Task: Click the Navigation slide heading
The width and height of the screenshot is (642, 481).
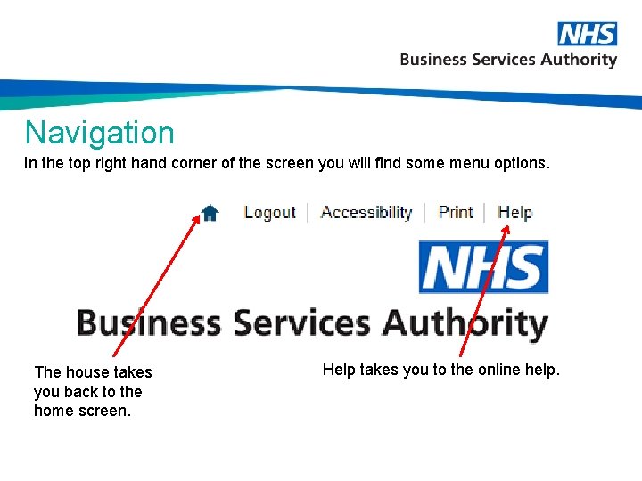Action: (x=100, y=133)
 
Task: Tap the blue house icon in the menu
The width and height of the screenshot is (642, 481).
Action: (x=210, y=212)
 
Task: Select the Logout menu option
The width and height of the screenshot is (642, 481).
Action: (x=269, y=212)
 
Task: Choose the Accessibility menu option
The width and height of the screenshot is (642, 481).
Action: (x=366, y=212)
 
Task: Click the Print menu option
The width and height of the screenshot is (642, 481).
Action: (x=456, y=212)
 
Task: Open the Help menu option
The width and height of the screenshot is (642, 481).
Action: (x=515, y=212)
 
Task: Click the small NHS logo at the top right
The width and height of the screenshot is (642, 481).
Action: (x=587, y=34)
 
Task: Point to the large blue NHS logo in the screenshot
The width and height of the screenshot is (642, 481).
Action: (x=483, y=267)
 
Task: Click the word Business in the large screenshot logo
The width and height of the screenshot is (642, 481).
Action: (x=149, y=322)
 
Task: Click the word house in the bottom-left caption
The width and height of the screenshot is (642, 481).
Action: (x=86, y=372)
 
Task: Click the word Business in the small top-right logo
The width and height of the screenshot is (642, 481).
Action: (x=433, y=60)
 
